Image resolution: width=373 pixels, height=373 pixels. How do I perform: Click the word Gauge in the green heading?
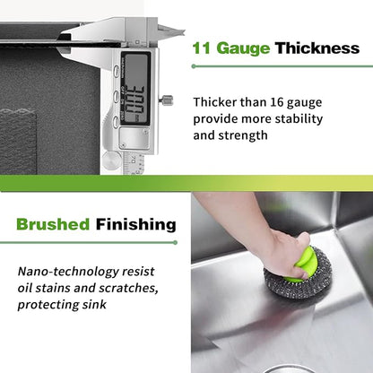tap(243, 48)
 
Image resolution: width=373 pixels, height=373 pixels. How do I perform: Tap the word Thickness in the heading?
tap(317, 48)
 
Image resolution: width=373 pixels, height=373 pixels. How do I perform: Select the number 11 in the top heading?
tap(202, 48)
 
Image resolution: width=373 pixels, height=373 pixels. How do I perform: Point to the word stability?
tap(299, 119)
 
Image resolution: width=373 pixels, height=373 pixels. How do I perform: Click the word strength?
tap(243, 135)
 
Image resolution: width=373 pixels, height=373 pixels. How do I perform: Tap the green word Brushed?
tap(53, 224)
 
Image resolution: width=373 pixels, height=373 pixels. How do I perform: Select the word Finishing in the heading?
tap(136, 225)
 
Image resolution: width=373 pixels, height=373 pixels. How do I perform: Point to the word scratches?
tap(128, 288)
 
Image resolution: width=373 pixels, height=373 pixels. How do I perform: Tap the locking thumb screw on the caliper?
tap(166, 100)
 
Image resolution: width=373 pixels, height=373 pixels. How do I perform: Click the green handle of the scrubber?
tap(304, 264)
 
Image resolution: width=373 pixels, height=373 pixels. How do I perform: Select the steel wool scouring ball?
tap(299, 273)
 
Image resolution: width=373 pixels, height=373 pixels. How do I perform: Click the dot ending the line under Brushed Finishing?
tap(176, 242)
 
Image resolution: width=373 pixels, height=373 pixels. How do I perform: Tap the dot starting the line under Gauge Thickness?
tap(194, 66)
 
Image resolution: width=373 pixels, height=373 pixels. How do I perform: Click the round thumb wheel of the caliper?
tap(111, 160)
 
